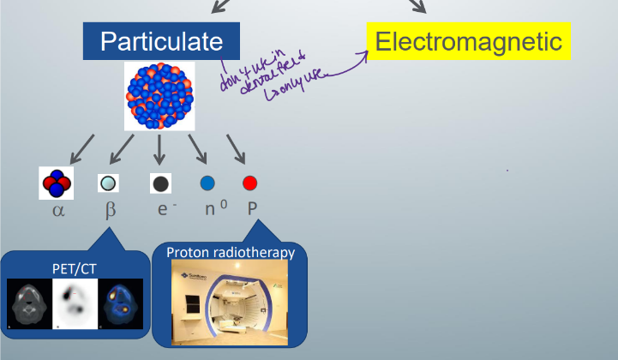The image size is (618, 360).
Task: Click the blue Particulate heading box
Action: [161, 41]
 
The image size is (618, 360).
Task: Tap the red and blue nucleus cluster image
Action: [159, 95]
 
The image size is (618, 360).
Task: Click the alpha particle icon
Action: [57, 183]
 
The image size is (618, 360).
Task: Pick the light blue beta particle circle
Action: [107, 183]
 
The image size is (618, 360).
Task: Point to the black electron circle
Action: [160, 183]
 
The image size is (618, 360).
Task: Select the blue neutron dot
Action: [207, 183]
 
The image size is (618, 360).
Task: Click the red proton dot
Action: [249, 183]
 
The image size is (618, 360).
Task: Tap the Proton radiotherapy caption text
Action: [230, 252]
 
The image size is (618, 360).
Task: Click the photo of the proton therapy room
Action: [230, 303]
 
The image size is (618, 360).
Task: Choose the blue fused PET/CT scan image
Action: [123, 304]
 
